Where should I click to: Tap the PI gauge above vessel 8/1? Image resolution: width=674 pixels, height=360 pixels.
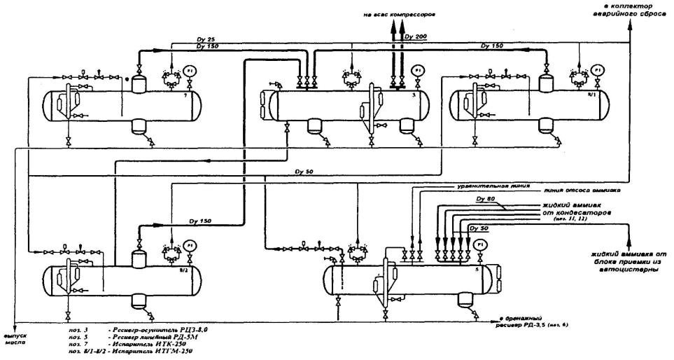(x=597, y=70)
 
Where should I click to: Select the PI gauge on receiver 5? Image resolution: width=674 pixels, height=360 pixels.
(x=479, y=244)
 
